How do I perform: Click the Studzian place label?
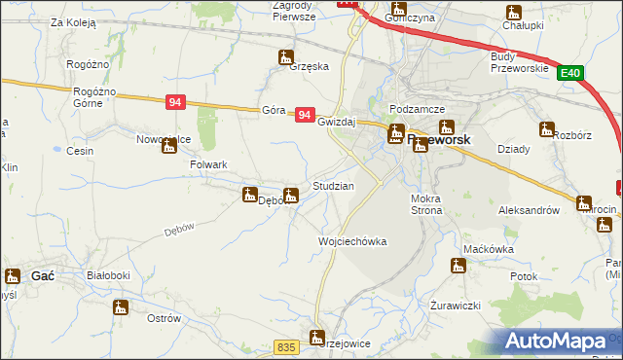click(x=333, y=185)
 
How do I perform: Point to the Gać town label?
click(x=43, y=276)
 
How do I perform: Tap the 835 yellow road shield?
click(x=285, y=347)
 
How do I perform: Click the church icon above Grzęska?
click(x=285, y=55)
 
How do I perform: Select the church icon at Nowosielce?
click(x=170, y=146)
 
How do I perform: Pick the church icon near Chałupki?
click(x=512, y=13)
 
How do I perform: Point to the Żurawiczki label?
click(x=456, y=306)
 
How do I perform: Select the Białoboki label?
click(x=108, y=276)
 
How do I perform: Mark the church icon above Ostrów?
click(x=121, y=307)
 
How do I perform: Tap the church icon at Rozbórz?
click(x=546, y=128)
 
